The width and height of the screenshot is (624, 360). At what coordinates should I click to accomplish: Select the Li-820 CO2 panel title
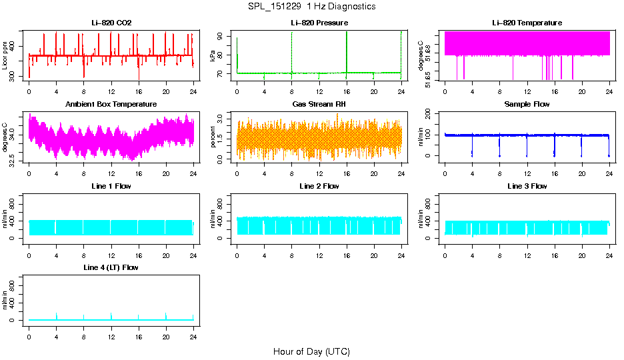click(x=111, y=23)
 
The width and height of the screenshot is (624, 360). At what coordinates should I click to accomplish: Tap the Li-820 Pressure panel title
click(x=319, y=23)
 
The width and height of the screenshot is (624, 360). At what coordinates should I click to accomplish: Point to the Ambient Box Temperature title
click(x=111, y=105)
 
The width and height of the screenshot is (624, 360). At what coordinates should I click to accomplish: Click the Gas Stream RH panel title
click(x=319, y=105)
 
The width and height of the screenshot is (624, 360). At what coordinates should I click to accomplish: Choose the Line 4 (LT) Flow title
click(x=111, y=267)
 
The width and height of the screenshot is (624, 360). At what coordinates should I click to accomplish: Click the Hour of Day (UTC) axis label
click(x=311, y=351)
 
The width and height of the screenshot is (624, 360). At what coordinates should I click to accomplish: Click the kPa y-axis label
click(x=213, y=55)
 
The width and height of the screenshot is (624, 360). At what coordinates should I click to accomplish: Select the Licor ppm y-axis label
click(x=5, y=55)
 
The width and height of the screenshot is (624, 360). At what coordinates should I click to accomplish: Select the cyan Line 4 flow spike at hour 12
click(x=111, y=315)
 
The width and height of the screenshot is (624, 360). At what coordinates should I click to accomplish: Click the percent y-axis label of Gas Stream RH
click(x=213, y=137)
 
